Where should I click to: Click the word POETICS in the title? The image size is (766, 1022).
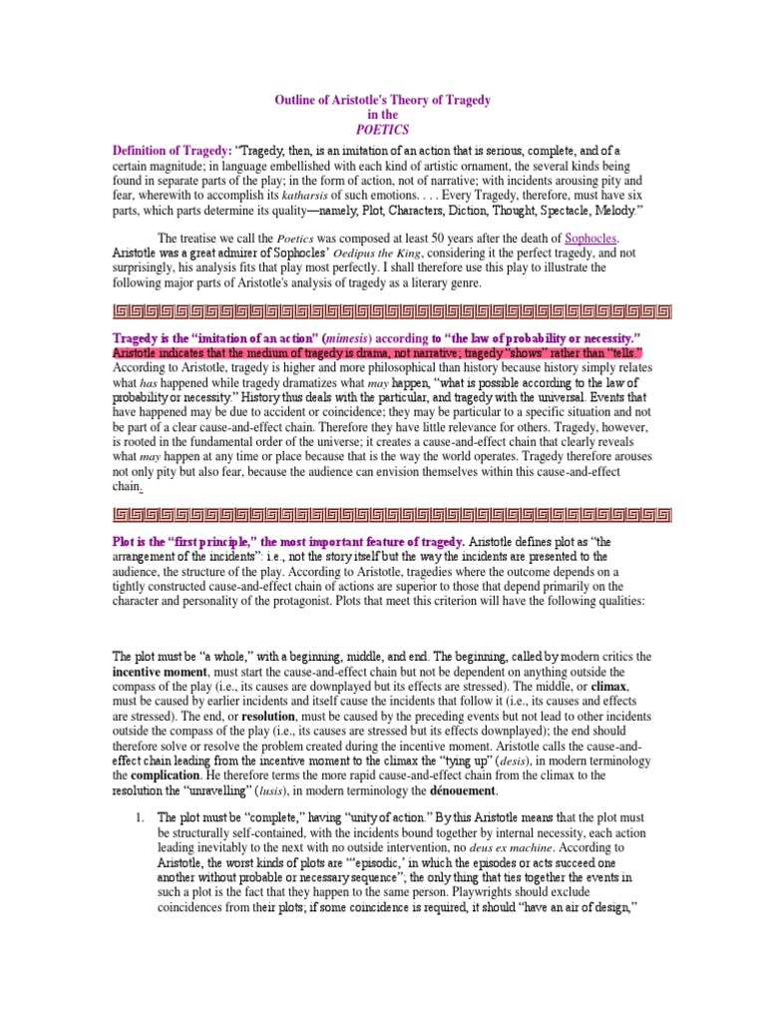(382, 130)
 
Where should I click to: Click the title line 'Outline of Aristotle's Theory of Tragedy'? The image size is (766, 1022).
(382, 101)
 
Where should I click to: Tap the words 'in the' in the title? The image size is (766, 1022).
(382, 116)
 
